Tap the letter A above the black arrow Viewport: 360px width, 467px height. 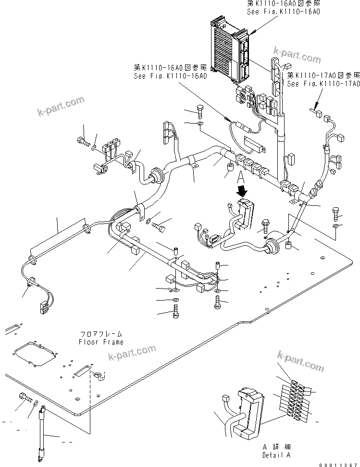(x=242, y=180)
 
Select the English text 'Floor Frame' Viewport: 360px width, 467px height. (x=101, y=342)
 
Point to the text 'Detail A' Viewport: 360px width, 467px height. (x=276, y=454)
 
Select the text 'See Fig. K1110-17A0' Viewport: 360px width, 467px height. (x=323, y=83)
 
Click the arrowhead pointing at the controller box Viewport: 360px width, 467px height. (x=253, y=32)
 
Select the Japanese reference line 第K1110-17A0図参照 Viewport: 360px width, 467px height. (x=323, y=76)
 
